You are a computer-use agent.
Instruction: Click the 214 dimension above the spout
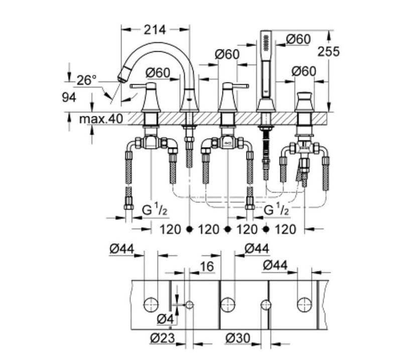click(x=155, y=30)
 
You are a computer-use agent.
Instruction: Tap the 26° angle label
click(x=86, y=80)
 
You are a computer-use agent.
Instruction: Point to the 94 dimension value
click(x=69, y=97)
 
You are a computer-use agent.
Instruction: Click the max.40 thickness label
click(x=101, y=119)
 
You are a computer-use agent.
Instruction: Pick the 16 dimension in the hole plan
click(x=207, y=266)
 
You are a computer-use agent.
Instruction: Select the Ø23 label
click(x=162, y=338)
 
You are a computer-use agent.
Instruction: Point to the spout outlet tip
click(x=121, y=77)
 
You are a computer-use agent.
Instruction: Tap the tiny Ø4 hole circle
click(x=190, y=304)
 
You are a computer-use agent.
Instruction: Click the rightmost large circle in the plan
click(x=304, y=304)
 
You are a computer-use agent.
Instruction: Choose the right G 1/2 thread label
click(x=277, y=210)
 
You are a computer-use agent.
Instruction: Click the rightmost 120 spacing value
click(x=286, y=230)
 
